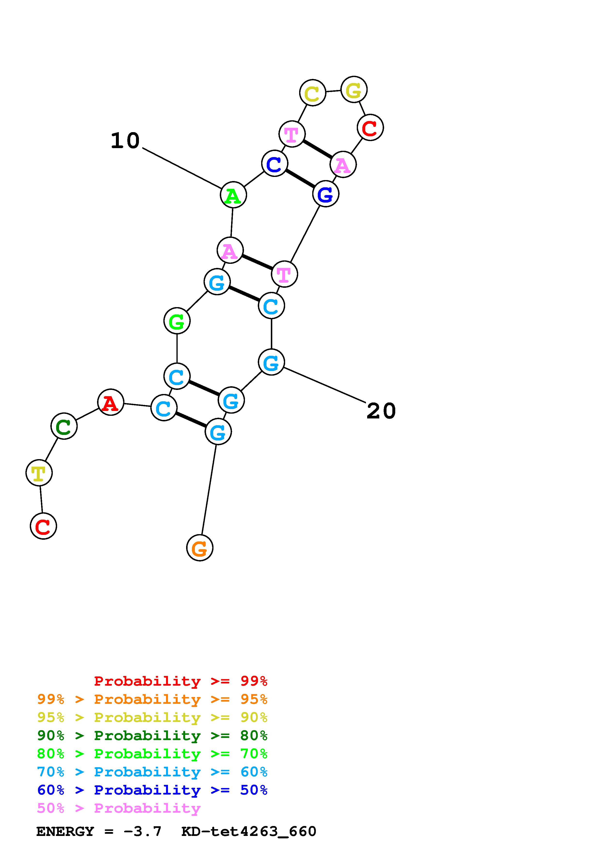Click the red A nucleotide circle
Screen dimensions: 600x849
[x=111, y=402]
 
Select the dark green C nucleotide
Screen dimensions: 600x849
[x=64, y=426]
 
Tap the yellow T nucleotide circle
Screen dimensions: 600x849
[x=39, y=473]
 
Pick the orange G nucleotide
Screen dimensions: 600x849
[x=200, y=548]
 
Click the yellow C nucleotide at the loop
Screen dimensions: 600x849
[x=313, y=93]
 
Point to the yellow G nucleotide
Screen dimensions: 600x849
[x=354, y=90]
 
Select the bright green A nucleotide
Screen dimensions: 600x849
[x=233, y=195]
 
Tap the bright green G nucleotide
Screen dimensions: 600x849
[x=177, y=321]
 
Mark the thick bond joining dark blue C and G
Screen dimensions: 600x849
[x=300, y=179]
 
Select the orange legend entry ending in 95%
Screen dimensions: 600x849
[x=152, y=699]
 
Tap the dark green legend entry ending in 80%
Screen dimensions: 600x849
[x=152, y=735]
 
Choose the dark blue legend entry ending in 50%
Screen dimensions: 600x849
[x=152, y=790]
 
